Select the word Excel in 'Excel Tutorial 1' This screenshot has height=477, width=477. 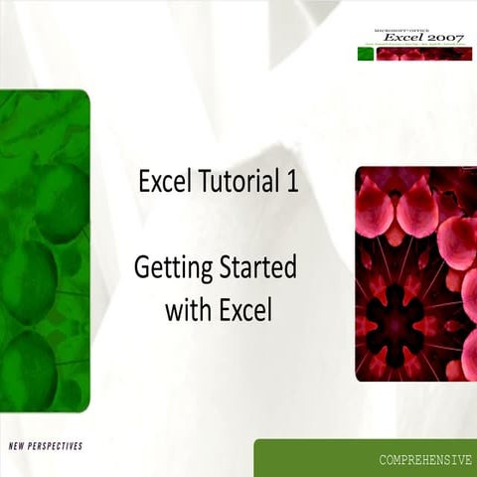[x=161, y=183]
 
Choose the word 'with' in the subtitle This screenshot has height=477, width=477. [x=185, y=310]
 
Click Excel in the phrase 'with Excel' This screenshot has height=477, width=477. [x=243, y=310]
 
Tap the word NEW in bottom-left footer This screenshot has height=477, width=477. [x=20, y=446]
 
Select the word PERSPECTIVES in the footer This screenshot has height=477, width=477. [x=59, y=446]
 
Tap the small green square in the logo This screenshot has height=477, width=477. [x=365, y=54]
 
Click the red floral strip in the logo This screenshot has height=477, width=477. [x=423, y=54]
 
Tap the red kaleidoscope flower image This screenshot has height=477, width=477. [x=415, y=273]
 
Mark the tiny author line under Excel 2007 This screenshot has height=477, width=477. [x=415, y=46]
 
